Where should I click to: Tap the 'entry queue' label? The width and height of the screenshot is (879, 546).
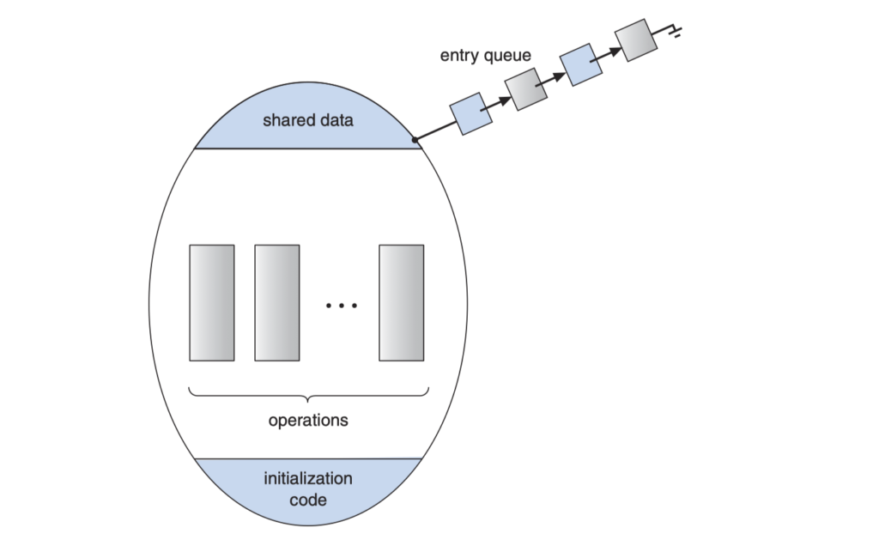tap(485, 56)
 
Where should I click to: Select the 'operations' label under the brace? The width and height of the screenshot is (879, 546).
tap(308, 421)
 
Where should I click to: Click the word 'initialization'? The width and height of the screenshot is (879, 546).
tap(308, 478)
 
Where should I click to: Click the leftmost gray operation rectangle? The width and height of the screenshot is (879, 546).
tap(211, 303)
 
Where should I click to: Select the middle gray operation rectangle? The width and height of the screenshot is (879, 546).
tap(276, 303)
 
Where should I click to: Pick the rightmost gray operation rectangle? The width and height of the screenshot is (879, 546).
tap(402, 303)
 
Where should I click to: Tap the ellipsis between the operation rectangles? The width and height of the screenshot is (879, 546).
tap(342, 306)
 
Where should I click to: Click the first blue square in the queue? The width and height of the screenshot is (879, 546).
tap(471, 113)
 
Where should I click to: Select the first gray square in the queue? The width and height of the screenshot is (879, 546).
tap(525, 89)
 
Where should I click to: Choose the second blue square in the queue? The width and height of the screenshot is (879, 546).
tap(580, 65)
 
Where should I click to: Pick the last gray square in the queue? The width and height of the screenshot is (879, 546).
tap(635, 40)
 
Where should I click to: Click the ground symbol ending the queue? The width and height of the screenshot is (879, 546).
tap(676, 33)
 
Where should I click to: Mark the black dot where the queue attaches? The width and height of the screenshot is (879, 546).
tap(415, 139)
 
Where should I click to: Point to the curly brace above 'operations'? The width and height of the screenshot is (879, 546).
tap(308, 396)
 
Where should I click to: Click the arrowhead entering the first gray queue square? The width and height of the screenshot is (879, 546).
tap(504, 100)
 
